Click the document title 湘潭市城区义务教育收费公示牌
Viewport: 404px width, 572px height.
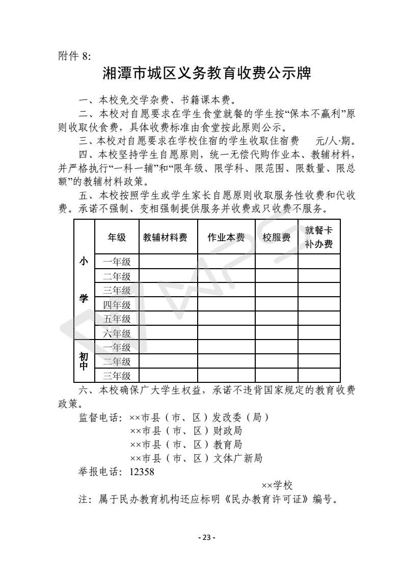pos(206,73)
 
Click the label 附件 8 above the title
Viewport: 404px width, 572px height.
pos(74,56)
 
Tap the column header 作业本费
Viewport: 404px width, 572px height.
pos(226,238)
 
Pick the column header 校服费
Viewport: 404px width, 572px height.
pos(276,238)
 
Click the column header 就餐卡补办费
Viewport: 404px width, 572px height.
pos(318,237)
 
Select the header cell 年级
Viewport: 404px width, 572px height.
pos(117,238)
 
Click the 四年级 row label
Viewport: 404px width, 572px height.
pos(117,305)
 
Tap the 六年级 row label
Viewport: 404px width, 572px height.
pos(117,333)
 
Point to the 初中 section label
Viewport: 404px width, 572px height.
pos(84,361)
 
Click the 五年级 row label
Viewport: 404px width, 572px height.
pos(117,319)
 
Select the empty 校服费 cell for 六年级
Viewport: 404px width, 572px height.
pos(276,333)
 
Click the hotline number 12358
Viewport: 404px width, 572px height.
pos(142,472)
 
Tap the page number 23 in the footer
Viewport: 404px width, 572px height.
pos(206,537)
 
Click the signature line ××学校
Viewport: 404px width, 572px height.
pos(277,485)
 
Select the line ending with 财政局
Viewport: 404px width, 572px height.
pos(185,431)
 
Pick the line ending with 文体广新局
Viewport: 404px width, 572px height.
pos(196,458)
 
